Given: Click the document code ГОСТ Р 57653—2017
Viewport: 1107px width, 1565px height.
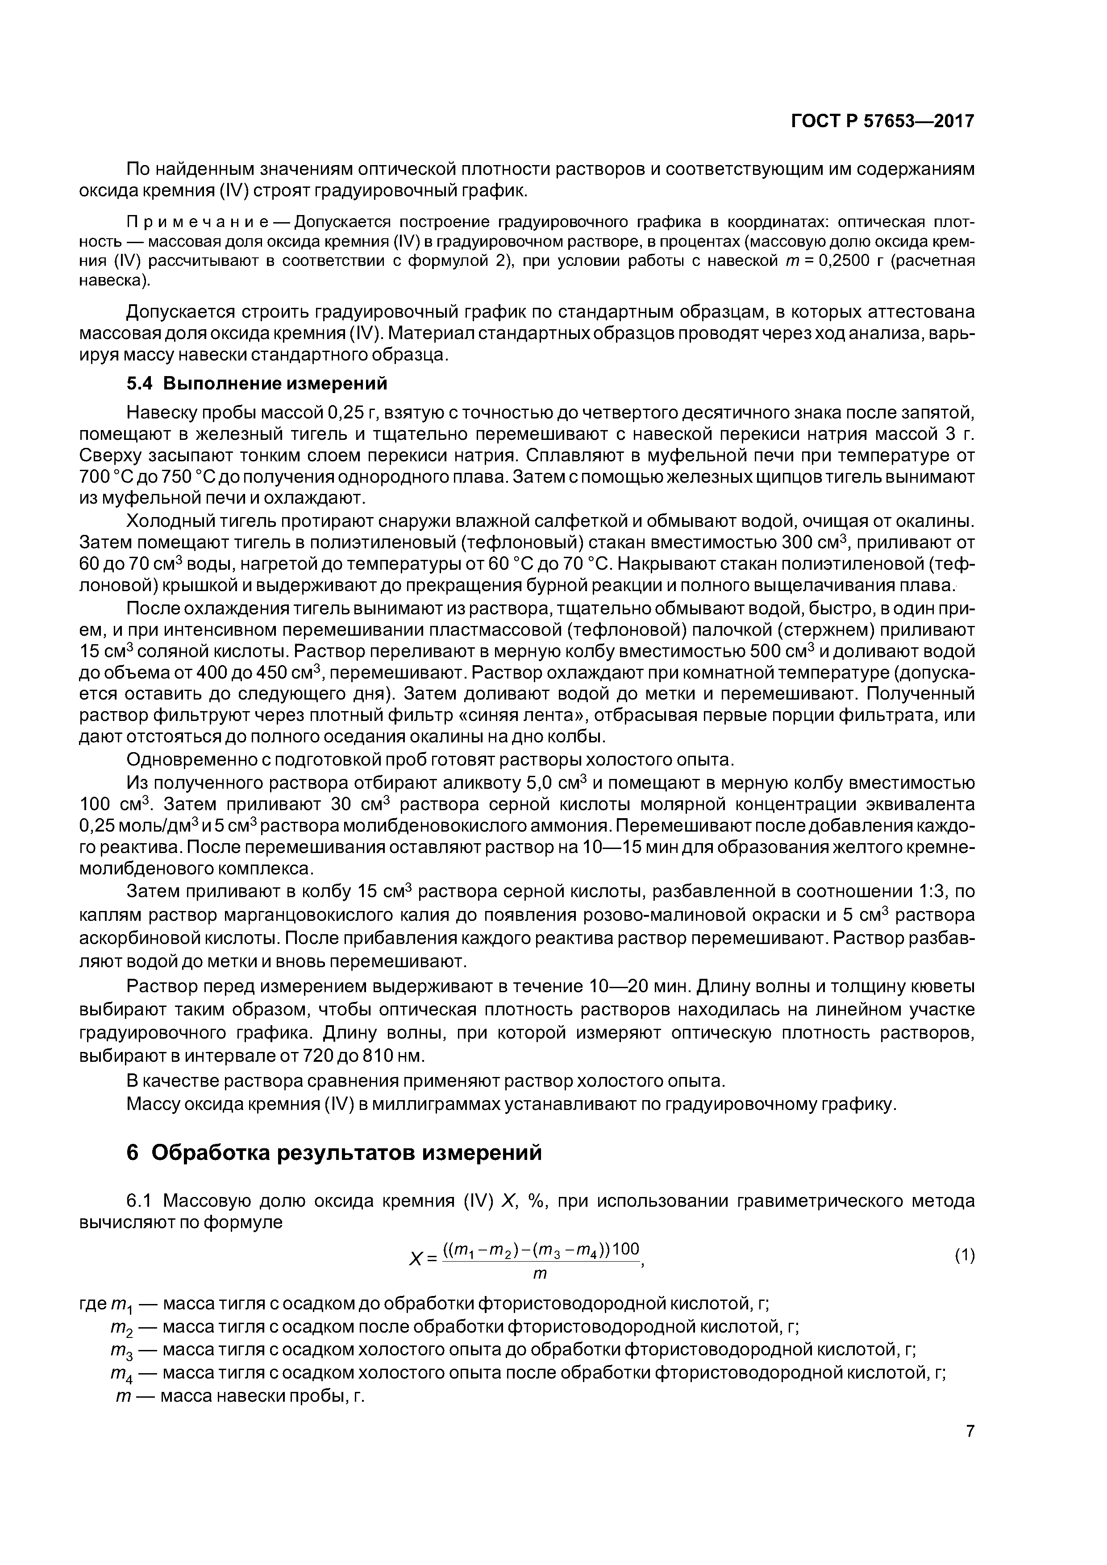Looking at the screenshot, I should pos(882,121).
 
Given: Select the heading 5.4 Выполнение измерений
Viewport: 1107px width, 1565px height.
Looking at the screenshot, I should pos(257,384).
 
